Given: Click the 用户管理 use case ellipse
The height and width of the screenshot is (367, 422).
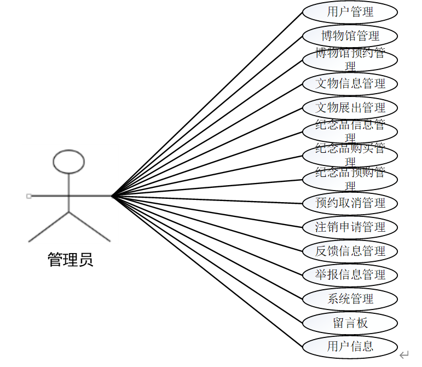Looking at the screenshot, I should tap(350, 12).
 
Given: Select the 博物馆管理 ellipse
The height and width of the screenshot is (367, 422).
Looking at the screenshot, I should tap(350, 36).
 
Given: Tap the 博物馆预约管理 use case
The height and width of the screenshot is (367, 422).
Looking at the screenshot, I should tap(350, 60).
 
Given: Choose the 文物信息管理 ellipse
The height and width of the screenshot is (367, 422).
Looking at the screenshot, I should tap(350, 84).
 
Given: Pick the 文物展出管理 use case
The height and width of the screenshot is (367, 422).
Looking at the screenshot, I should tap(350, 107).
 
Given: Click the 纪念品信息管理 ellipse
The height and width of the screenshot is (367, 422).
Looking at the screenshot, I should tap(350, 131).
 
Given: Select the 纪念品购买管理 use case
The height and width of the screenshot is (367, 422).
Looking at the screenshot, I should tap(350, 155).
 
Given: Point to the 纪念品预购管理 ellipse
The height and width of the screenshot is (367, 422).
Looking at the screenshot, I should tap(350, 179).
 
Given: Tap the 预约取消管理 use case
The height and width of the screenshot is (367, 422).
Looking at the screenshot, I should tap(350, 203).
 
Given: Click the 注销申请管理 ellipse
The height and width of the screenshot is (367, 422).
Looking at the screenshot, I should tap(350, 227).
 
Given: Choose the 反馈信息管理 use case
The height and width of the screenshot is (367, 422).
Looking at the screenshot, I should tap(350, 251).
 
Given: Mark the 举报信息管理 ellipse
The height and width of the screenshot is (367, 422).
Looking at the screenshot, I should tap(350, 274).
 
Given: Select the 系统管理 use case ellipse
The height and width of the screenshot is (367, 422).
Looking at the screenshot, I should tap(350, 299).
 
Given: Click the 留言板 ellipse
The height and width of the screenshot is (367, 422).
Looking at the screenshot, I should tap(350, 323).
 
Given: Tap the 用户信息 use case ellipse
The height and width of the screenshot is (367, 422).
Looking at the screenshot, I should tap(350, 346).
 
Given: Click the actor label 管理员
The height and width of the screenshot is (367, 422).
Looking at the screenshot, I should tap(71, 260).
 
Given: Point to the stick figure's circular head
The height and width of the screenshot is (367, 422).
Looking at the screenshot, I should tap(69, 161).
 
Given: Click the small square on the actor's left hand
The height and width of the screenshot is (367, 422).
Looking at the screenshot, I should tap(29, 196).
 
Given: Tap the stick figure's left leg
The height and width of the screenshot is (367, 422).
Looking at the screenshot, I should tap(49, 226).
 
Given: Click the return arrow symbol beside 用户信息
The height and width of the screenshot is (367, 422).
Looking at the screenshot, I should tap(404, 354).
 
